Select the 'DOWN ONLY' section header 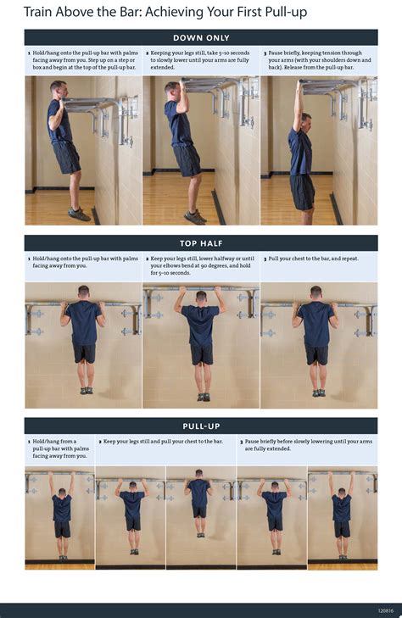click(201, 37)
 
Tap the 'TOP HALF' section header click(201, 243)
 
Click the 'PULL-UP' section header click(201, 426)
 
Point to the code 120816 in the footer click(386, 610)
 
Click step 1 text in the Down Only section click(82, 60)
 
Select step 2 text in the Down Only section click(200, 60)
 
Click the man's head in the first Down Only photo click(57, 88)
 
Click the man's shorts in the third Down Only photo click(302, 191)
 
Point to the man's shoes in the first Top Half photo click(83, 392)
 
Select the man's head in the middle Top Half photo click(201, 298)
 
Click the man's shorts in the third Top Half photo click(316, 354)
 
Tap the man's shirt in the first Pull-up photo click(62, 508)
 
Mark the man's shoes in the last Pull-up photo click(342, 557)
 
